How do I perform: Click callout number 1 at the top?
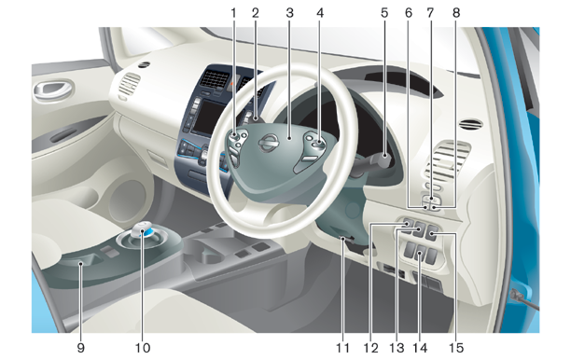tap(233, 13)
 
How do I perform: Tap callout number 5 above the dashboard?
tap(384, 13)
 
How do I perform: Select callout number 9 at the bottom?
tap(81, 348)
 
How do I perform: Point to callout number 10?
tap(143, 348)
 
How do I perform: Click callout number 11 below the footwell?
tap(342, 348)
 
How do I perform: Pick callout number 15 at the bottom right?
tap(456, 348)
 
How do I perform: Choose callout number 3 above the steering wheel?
tap(289, 13)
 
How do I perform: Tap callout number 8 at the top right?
tap(456, 13)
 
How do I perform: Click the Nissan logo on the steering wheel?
tap(268, 142)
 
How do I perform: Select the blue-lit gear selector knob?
tap(144, 230)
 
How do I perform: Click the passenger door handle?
tap(52, 90)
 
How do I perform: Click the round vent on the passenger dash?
tap(145, 64)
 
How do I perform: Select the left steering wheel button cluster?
tap(236, 148)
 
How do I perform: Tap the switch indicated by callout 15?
tap(432, 232)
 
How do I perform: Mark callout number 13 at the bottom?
tap(397, 348)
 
